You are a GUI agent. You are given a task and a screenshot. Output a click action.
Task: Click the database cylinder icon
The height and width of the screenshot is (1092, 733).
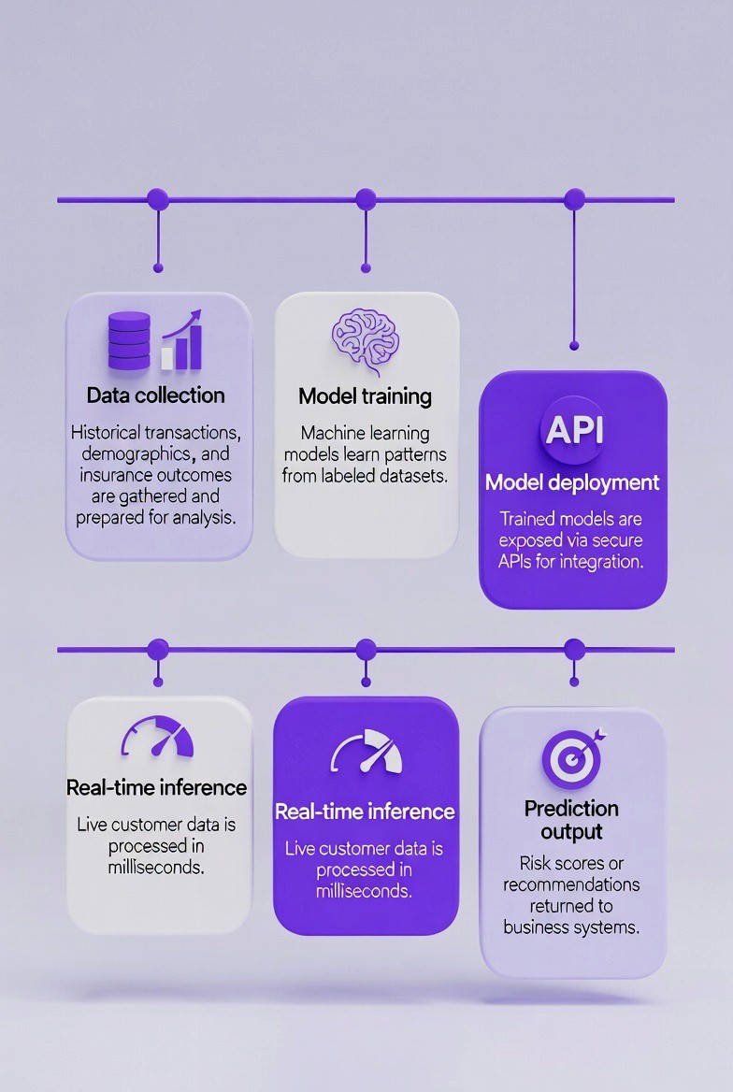click(x=128, y=341)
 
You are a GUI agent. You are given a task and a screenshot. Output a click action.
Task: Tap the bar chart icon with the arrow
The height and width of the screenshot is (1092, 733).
click(x=182, y=341)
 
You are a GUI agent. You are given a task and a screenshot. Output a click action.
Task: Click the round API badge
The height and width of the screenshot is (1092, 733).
click(x=573, y=430)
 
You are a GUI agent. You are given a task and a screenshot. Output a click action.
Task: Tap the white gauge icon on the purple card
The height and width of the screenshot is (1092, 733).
click(x=366, y=752)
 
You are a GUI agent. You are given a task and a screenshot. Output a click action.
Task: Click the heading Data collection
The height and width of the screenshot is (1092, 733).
click(x=156, y=395)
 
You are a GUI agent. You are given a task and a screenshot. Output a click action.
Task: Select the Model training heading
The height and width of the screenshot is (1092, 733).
click(x=365, y=395)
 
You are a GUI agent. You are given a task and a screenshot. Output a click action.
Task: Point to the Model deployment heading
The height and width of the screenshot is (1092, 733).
click(x=572, y=482)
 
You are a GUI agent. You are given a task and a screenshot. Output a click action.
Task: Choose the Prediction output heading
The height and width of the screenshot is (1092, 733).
click(x=571, y=819)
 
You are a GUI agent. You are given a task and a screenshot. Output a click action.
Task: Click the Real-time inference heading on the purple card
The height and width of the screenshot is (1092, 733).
click(x=365, y=811)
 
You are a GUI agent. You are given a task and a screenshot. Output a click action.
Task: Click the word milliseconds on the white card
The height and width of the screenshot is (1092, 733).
click(x=156, y=868)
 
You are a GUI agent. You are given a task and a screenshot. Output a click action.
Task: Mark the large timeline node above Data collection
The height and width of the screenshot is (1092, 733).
click(x=158, y=199)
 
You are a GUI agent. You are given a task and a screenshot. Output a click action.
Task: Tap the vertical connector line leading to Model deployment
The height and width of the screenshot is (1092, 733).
click(x=574, y=280)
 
